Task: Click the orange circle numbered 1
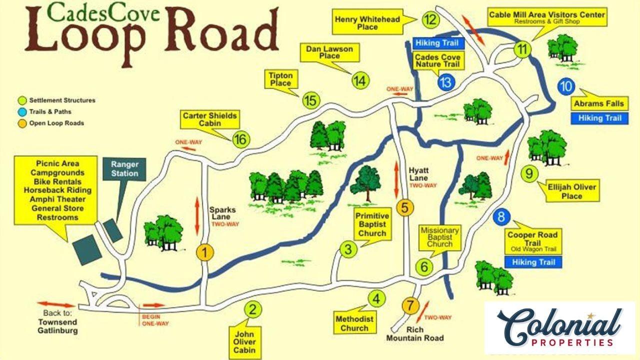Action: coord(204,252)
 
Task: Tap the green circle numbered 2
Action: coord(253,310)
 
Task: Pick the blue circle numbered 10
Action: coord(566,86)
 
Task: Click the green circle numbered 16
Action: coord(240,139)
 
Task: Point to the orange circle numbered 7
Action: coord(410,304)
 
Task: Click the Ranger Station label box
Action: coord(124,169)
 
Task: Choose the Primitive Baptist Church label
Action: coord(371,224)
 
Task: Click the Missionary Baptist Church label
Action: coord(439,237)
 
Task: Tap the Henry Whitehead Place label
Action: coord(374,23)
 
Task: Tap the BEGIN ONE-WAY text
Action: coord(154,320)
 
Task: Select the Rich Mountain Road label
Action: coord(414,334)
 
